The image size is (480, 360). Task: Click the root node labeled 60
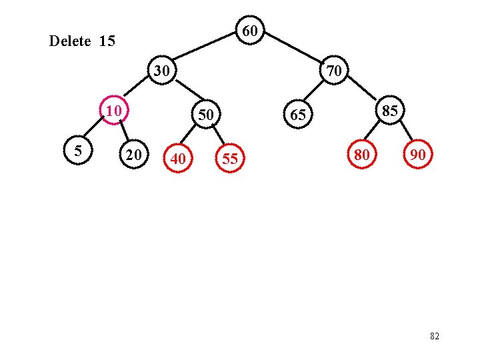pyautogui.click(x=250, y=31)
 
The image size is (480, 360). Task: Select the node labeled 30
pyautogui.click(x=161, y=70)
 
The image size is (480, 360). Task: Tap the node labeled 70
pyautogui.click(x=334, y=70)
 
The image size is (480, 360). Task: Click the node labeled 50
pyautogui.click(x=206, y=115)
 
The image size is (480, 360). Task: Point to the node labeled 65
pyautogui.click(x=297, y=115)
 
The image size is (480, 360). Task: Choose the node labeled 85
pyautogui.click(x=390, y=110)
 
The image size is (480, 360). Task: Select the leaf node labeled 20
pyautogui.click(x=133, y=155)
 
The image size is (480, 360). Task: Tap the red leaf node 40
pyautogui.click(x=177, y=159)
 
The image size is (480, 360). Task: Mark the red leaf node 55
pyautogui.click(x=229, y=159)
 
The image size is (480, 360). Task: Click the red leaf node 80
pyautogui.click(x=362, y=155)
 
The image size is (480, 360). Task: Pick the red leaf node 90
pyautogui.click(x=418, y=155)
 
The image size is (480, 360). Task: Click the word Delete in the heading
pyautogui.click(x=70, y=41)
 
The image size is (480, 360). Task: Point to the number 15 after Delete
pyautogui.click(x=107, y=41)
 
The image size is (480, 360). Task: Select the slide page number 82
pyautogui.click(x=435, y=337)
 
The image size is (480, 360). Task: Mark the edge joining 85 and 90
pyautogui.click(x=405, y=133)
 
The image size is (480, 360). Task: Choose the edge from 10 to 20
pyautogui.click(x=124, y=133)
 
